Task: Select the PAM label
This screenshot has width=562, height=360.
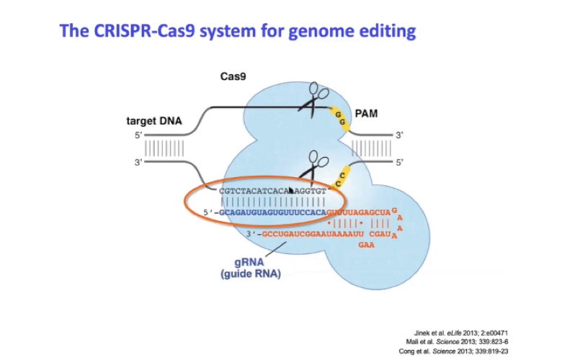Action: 366,114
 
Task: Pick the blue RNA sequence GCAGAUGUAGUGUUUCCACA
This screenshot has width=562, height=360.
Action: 271,213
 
